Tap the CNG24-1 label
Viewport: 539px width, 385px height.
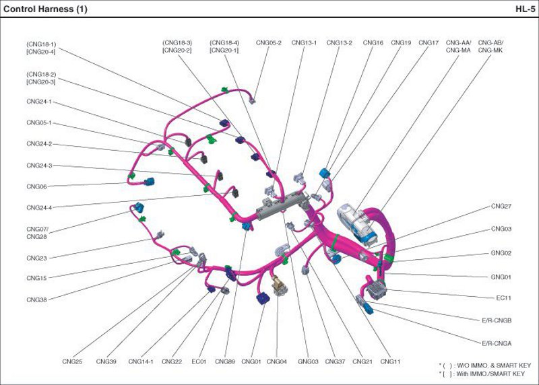click(39, 102)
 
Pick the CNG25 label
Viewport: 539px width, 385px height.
click(71, 362)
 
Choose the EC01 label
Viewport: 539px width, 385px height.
click(199, 362)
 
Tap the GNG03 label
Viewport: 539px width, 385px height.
click(308, 362)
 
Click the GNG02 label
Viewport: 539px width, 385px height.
click(501, 253)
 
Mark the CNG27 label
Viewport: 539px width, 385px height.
click(501, 206)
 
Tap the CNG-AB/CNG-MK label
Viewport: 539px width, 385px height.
click(490, 46)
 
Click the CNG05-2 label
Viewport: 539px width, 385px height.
click(268, 42)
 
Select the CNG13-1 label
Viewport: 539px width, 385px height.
click(304, 42)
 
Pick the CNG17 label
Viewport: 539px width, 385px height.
click(429, 42)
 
